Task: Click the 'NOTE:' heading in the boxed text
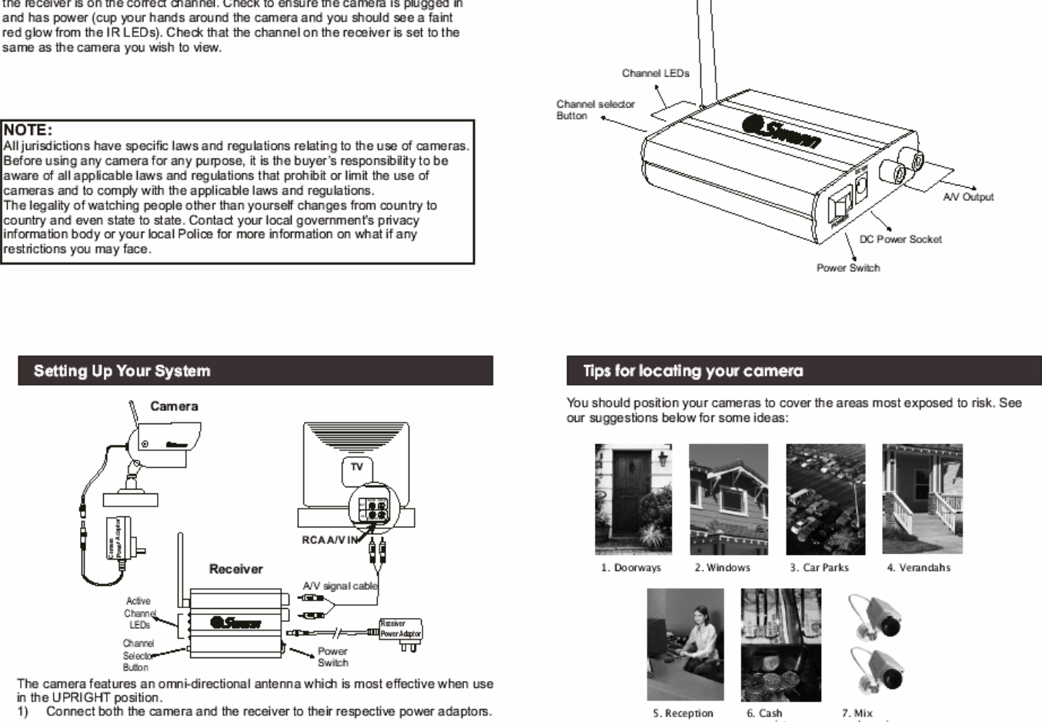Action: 28,129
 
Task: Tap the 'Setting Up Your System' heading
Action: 122,371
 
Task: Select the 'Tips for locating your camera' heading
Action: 693,371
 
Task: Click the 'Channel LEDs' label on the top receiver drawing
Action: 656,73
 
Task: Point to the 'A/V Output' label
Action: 968,197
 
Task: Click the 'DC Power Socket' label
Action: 900,239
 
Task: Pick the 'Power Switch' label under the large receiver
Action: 848,268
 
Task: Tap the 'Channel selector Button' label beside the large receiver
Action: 595,110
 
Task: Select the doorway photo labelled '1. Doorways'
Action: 633,499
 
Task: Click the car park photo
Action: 825,499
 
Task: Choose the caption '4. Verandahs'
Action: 918,568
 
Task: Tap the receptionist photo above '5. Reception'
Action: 685,645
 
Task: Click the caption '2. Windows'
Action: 722,568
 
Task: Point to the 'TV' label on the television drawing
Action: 356,466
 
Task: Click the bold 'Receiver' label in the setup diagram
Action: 235,569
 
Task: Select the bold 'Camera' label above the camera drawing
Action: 174,406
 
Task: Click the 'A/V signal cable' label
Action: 339,586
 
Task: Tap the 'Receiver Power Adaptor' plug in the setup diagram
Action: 400,630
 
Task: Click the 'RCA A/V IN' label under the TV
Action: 329,540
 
